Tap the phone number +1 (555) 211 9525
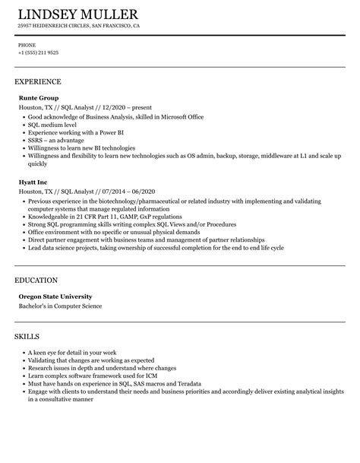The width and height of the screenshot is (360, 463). coord(38,52)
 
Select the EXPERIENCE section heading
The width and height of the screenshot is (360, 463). coord(38,81)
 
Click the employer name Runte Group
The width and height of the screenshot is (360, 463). coord(37,98)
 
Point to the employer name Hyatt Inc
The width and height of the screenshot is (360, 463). coord(33,182)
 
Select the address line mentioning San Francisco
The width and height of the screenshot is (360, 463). coord(79,25)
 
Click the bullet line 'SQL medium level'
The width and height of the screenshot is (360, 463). coord(52,125)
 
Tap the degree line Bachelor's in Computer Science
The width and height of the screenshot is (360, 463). coord(60,306)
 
